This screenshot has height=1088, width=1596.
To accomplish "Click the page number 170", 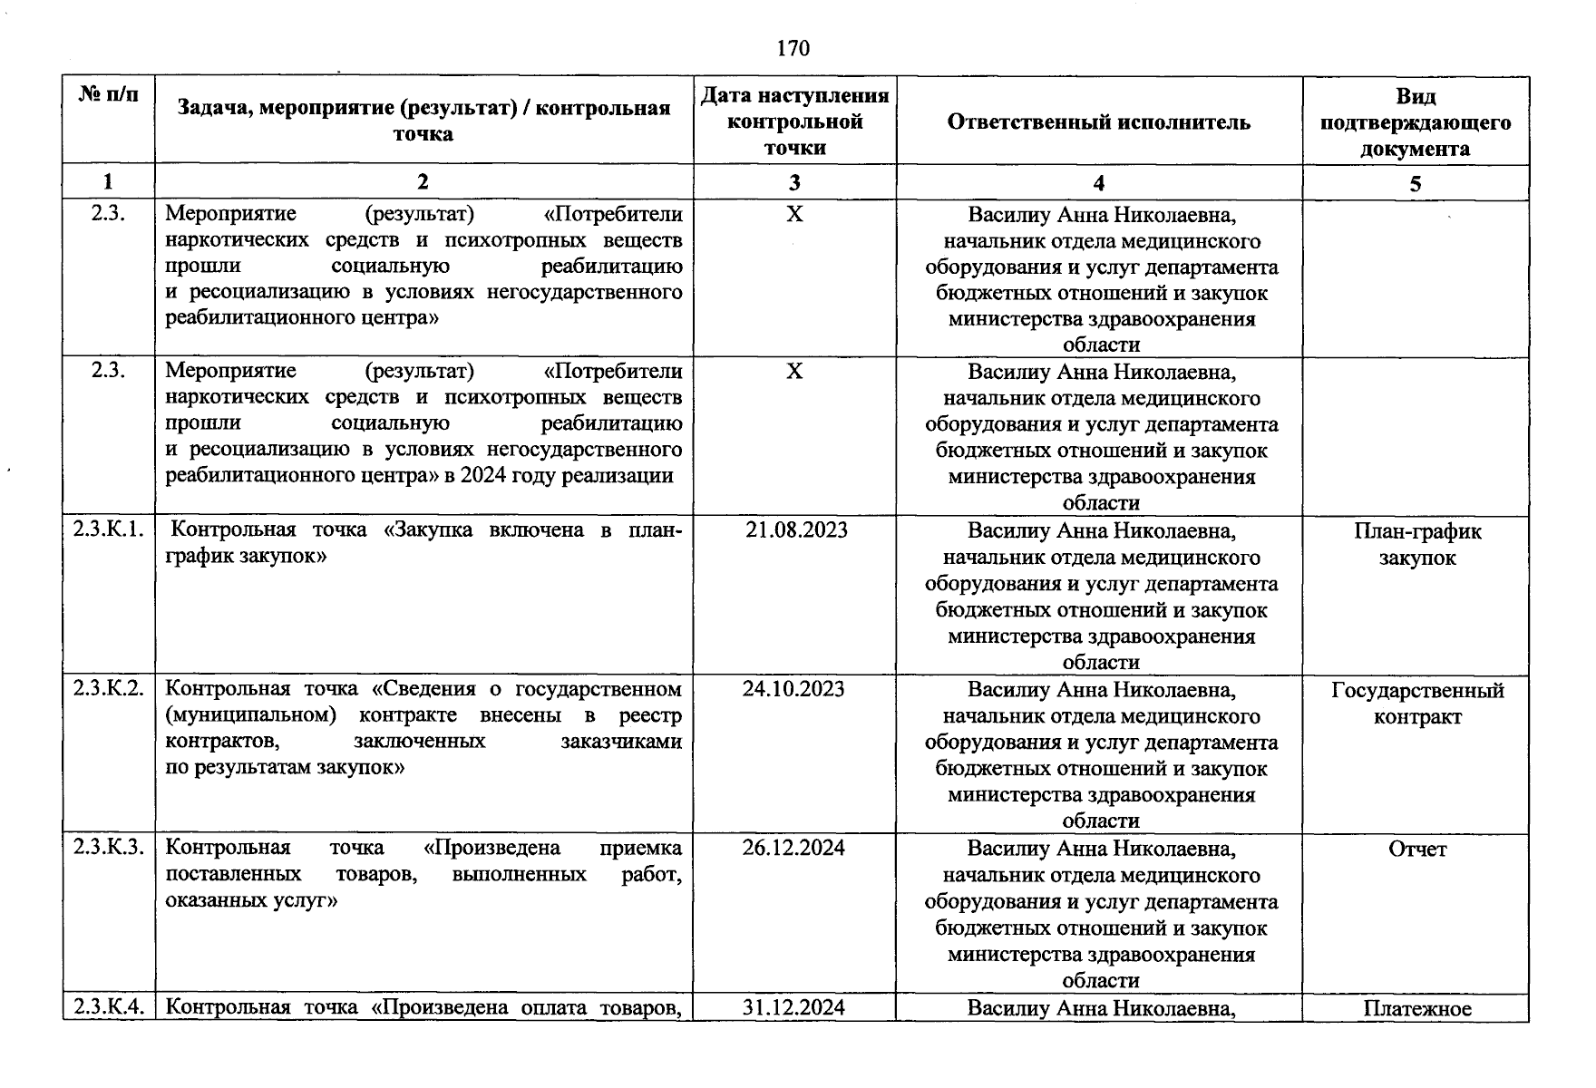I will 793,48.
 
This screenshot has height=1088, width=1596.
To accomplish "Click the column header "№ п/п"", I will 109,94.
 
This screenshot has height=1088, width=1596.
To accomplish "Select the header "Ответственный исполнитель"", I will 1098,122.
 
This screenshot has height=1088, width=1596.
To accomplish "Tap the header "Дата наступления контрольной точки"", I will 794,121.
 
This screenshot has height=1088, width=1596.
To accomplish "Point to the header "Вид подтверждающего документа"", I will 1415,122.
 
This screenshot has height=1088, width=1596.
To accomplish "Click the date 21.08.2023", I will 795,530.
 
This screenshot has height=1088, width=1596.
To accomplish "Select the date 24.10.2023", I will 793,689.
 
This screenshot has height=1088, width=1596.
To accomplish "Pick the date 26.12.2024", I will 793,849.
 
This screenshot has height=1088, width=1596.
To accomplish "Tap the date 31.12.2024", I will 793,1007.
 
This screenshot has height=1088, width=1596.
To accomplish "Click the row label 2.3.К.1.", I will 109,530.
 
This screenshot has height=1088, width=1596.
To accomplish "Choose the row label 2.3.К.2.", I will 109,689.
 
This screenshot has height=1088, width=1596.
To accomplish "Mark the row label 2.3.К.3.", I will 109,849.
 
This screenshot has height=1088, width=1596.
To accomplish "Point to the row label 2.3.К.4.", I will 109,1007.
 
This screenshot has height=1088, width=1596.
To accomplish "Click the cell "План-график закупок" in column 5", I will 1416,544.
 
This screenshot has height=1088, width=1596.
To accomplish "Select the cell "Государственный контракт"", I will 1416,704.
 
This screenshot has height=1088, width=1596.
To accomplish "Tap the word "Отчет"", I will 1416,850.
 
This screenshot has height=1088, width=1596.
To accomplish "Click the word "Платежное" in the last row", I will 1416,1008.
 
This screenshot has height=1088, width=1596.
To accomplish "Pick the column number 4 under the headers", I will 1098,183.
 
